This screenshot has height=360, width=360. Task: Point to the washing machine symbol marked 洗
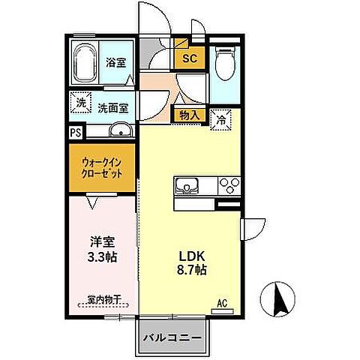coord(79,102)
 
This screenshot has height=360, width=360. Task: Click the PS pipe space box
coord(76,132)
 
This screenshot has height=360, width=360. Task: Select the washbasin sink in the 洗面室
coord(120,132)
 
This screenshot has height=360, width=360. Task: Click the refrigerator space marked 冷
coord(221,118)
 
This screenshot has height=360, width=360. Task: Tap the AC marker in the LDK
coord(222,303)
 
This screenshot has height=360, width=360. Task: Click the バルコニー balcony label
coord(172,337)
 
